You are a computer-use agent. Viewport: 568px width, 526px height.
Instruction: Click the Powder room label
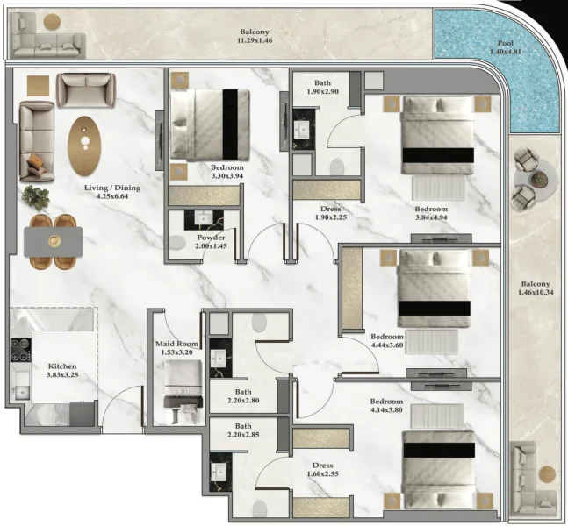pos(212,238)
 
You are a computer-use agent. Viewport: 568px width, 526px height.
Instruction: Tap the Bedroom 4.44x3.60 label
pos(386,337)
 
